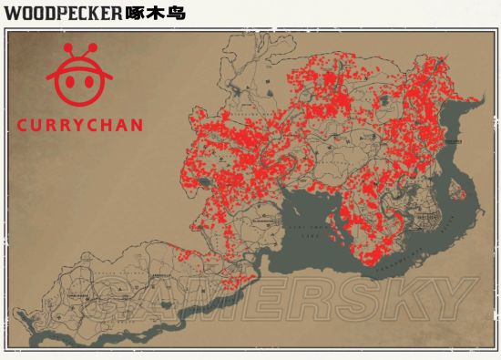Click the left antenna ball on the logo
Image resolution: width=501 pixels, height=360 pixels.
pos(66,47)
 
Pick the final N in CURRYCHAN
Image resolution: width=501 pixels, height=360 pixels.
pos(137,125)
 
